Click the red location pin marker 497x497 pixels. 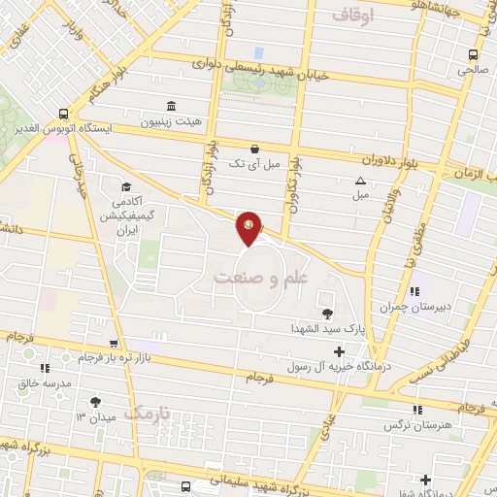click(250, 227)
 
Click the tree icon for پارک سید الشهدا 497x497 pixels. click(327, 314)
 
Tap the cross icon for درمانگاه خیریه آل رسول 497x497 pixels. click(338, 351)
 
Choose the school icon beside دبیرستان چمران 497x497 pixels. click(414, 290)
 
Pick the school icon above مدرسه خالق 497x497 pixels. click(44, 368)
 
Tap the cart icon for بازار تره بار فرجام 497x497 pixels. click(116, 344)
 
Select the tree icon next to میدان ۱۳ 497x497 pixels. click(95, 401)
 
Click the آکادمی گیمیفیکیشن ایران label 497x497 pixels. click(124, 209)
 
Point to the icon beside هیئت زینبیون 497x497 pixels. click(171, 106)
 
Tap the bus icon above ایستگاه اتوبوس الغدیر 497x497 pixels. click(63, 113)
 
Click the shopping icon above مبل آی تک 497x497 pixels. click(254, 149)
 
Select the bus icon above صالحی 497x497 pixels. click(473, 54)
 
